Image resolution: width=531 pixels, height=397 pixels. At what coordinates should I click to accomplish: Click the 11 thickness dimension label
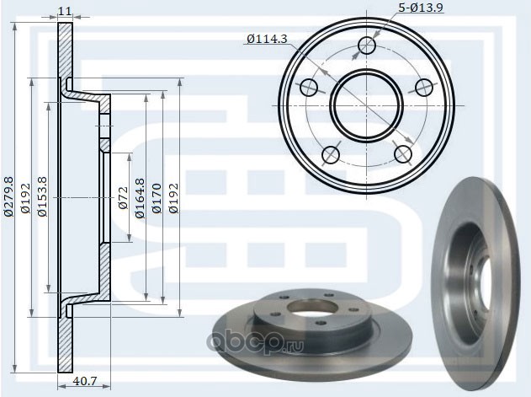click(x=65, y=11)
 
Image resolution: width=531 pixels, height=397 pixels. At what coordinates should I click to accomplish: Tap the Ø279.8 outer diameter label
click(x=8, y=196)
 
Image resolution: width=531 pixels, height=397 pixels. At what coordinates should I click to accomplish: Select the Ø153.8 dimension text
click(x=42, y=196)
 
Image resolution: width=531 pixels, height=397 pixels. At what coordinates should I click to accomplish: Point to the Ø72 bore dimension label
click(x=123, y=198)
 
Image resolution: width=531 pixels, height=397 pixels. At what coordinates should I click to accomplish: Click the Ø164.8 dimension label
click(x=140, y=198)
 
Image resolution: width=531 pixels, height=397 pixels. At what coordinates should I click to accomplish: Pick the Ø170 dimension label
click(x=157, y=199)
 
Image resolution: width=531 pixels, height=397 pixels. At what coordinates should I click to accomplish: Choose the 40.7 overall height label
click(x=85, y=381)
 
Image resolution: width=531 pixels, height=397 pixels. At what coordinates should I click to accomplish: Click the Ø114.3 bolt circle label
click(x=267, y=40)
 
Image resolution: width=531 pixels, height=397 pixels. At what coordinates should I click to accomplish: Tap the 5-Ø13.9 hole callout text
click(x=421, y=8)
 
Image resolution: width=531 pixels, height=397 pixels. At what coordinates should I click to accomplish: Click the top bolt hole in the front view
click(x=367, y=46)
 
